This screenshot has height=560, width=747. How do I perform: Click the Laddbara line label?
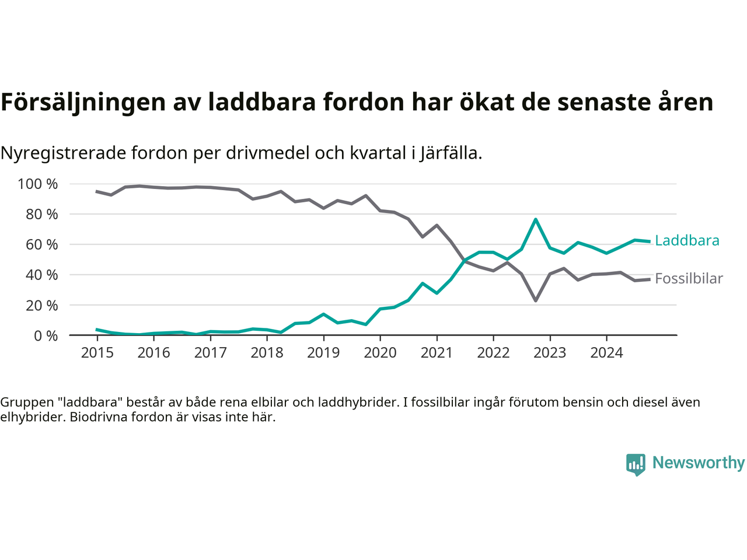point(687,240)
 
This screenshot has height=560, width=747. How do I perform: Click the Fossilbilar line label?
point(689,279)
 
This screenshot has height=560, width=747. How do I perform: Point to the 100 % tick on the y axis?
point(38,184)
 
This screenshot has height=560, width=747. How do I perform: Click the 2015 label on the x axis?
point(97,352)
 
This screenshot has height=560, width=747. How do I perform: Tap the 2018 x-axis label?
point(267,352)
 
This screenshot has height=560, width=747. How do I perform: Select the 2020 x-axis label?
point(380,352)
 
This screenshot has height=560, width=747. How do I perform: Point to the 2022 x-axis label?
point(493,352)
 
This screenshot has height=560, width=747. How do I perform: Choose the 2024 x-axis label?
point(606,352)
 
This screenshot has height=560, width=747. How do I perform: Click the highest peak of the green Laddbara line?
point(536,219)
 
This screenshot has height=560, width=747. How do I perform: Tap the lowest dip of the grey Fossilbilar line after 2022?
point(536,300)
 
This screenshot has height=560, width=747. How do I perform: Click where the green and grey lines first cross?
point(465,261)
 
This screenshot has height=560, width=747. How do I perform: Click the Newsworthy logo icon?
point(636,464)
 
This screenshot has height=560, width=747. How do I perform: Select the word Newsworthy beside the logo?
point(698,463)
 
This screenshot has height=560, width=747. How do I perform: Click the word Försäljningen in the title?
point(83,102)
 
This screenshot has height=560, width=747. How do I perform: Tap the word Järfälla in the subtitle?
point(450,153)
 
